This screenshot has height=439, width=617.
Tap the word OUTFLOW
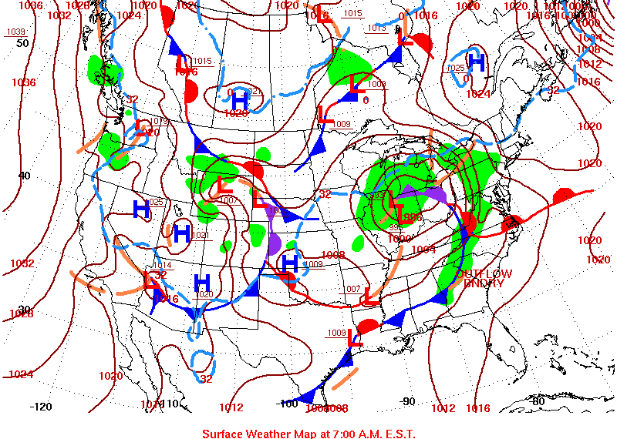click(x=484, y=274)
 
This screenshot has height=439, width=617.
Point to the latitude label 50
click(x=22, y=42)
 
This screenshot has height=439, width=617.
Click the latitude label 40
click(x=24, y=176)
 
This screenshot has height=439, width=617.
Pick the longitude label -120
click(x=40, y=406)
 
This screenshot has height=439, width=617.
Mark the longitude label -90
click(x=409, y=401)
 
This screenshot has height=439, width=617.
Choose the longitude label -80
click(x=538, y=400)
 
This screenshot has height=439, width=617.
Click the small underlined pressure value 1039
click(x=15, y=32)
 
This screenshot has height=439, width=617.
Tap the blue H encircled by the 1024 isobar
click(x=476, y=62)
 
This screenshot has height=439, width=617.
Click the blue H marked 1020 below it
click(x=202, y=283)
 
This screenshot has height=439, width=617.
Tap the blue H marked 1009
click(x=290, y=262)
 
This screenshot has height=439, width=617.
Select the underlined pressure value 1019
click(x=160, y=122)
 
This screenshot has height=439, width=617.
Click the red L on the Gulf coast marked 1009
click(x=355, y=337)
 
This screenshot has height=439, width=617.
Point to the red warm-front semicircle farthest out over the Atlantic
click(x=564, y=193)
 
